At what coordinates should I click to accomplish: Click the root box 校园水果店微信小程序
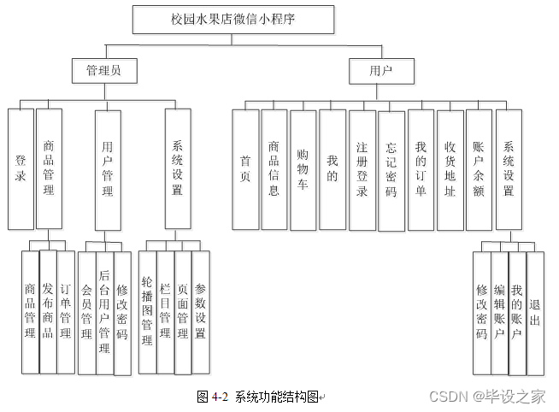tap(233, 19)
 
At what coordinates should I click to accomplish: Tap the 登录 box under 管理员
tap(21, 169)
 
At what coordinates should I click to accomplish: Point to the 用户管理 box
tap(107, 169)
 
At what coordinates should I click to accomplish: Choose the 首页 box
tap(245, 169)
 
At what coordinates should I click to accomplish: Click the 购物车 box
tap(303, 169)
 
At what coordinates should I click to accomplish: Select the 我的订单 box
tap(420, 169)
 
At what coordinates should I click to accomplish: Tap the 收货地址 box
tap(450, 169)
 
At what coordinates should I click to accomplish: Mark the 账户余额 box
tap(479, 169)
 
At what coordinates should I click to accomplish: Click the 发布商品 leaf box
tap(48, 312)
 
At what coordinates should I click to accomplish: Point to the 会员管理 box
tap(86, 312)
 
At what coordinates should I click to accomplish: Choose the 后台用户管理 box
tap(104, 312)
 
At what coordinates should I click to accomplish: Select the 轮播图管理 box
tap(146, 312)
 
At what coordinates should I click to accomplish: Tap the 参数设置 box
tap(200, 312)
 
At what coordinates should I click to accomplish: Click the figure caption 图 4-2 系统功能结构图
tap(258, 397)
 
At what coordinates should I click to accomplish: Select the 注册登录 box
tap(362, 169)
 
